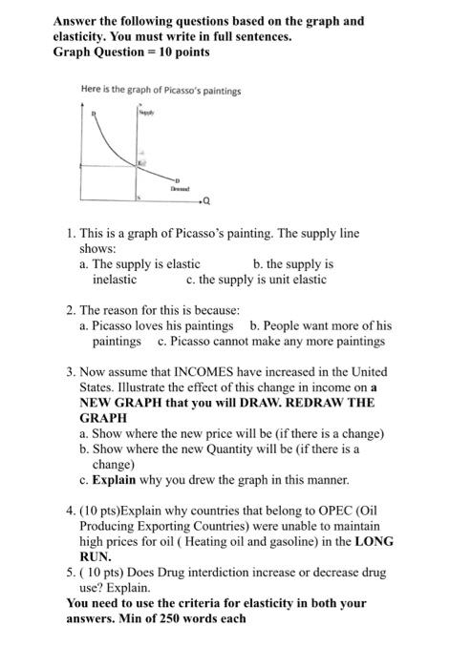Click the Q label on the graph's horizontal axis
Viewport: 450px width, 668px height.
click(x=207, y=200)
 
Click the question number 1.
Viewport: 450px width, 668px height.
click(x=73, y=233)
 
